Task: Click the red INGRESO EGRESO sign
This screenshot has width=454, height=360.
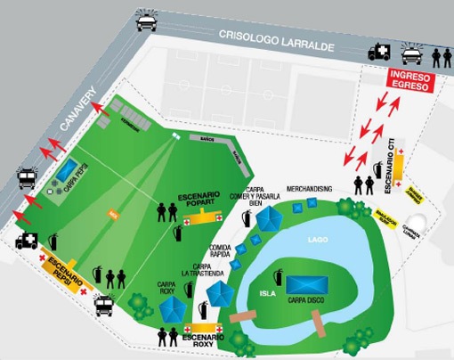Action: point(411,81)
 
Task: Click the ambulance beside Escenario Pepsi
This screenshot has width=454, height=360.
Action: point(27,241)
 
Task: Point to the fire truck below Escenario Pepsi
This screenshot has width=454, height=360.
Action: point(104,306)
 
